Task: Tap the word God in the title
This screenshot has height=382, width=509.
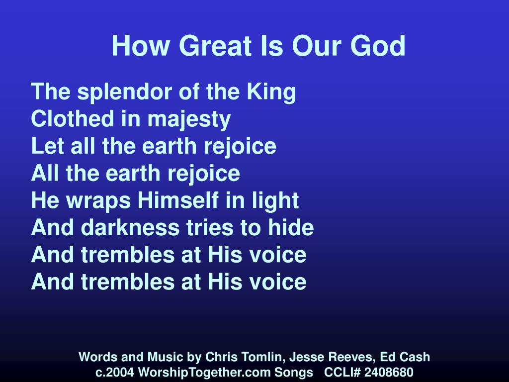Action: (x=379, y=46)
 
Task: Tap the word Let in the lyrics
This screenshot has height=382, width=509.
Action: (x=44, y=146)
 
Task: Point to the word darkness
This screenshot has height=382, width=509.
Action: (x=126, y=228)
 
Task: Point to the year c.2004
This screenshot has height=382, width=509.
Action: (x=115, y=373)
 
